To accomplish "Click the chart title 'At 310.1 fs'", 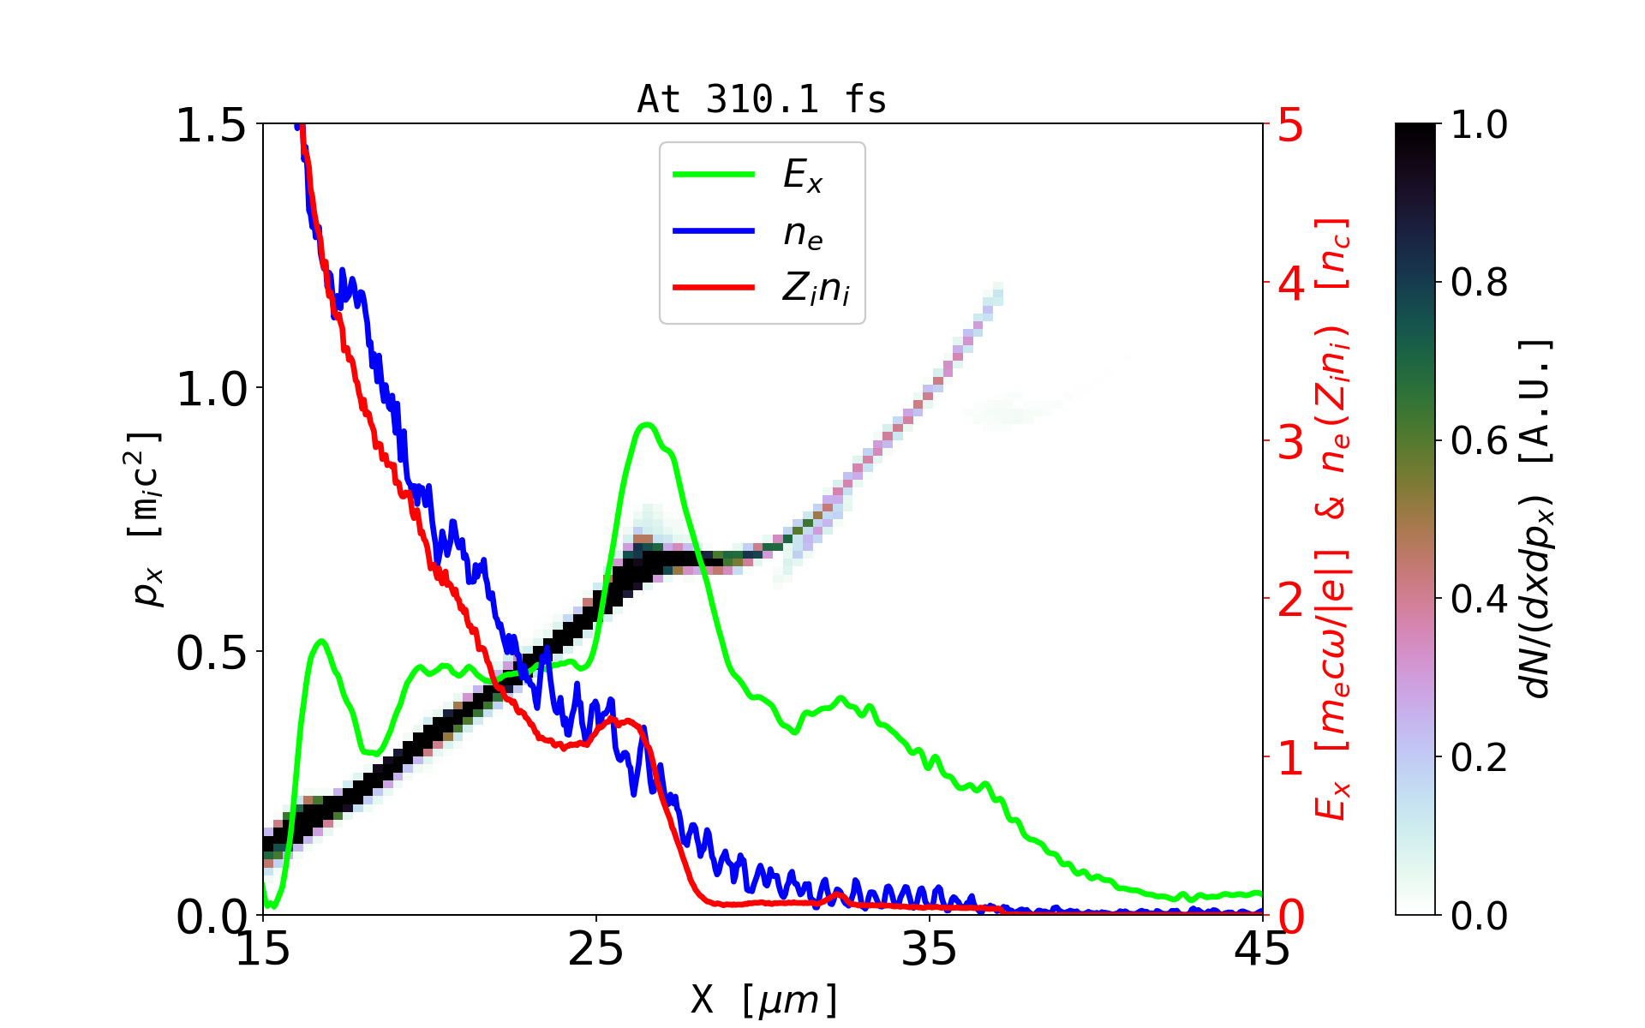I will pyautogui.click(x=762, y=100).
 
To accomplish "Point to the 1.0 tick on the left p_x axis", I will pyautogui.click(x=211, y=389).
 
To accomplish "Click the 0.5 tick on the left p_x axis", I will pyautogui.click(x=211, y=653).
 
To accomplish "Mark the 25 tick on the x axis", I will pyautogui.click(x=595, y=949).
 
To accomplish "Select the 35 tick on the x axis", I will pyautogui.click(x=930, y=949).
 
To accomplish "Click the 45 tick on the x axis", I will pyautogui.click(x=1263, y=949).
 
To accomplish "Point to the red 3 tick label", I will pyautogui.click(x=1290, y=442).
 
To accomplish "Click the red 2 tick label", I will pyautogui.click(x=1290, y=600).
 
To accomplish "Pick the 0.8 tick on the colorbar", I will pyautogui.click(x=1479, y=283).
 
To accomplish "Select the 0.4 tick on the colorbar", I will pyautogui.click(x=1479, y=600).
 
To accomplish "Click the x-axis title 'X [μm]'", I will pyautogui.click(x=764, y=999).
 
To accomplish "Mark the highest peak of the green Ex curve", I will pyautogui.click(x=647, y=425).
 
